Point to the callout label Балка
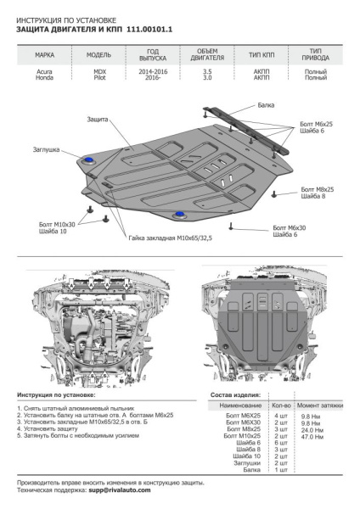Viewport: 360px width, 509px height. (268, 105)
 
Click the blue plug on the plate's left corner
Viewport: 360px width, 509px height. (89, 159)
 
